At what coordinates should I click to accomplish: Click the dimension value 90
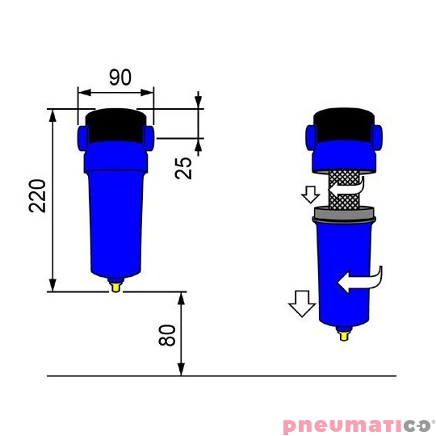(x=119, y=78)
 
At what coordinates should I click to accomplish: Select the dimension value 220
(x=37, y=196)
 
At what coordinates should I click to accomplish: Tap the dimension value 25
(x=184, y=167)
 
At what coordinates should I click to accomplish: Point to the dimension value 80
(x=167, y=335)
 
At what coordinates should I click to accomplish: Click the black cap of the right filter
(x=345, y=124)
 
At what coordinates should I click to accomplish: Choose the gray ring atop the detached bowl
(x=345, y=215)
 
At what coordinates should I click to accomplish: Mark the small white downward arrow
(x=310, y=195)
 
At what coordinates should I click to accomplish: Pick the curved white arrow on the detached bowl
(x=359, y=281)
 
